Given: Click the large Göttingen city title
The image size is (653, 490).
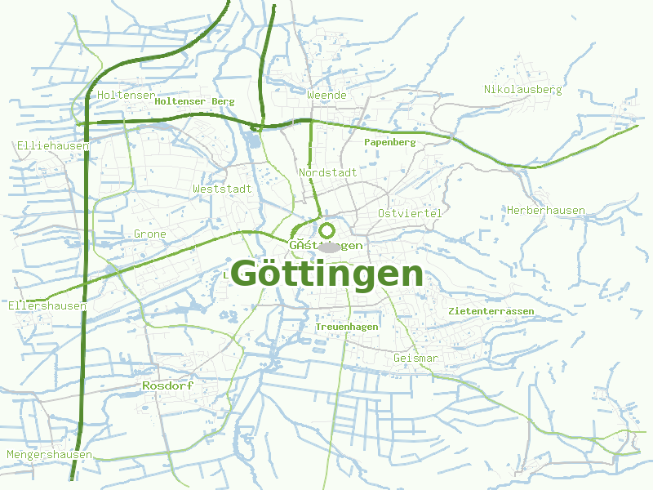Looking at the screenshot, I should tap(327, 274).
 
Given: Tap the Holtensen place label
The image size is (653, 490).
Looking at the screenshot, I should tap(126, 96).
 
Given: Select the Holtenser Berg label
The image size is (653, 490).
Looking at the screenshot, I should tap(194, 101).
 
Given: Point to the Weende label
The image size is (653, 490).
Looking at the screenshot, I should tap(327, 96).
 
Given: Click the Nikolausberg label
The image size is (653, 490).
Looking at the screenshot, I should tap(522, 90).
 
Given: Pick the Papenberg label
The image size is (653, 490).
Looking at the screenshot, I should tap(390, 142).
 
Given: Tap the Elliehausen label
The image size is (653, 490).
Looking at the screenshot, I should tap(52, 145).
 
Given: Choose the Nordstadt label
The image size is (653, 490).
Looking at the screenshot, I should tap(327, 173).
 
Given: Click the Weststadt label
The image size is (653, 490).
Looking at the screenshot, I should tap(222, 189).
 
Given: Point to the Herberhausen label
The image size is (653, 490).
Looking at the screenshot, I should tap(545, 211).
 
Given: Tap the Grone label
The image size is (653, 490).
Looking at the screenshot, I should tap(150, 234).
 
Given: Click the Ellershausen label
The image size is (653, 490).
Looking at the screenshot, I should tap(47, 306).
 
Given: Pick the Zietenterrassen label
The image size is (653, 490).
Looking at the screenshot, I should tap(491, 312).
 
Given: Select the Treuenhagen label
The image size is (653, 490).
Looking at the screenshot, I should tap(347, 327).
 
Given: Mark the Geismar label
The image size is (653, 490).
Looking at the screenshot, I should tap(415, 359).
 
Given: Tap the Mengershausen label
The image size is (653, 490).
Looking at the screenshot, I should tap(49, 455).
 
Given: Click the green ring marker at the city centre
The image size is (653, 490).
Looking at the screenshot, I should tap(327, 230).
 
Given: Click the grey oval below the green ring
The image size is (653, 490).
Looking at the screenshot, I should tap(327, 247).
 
